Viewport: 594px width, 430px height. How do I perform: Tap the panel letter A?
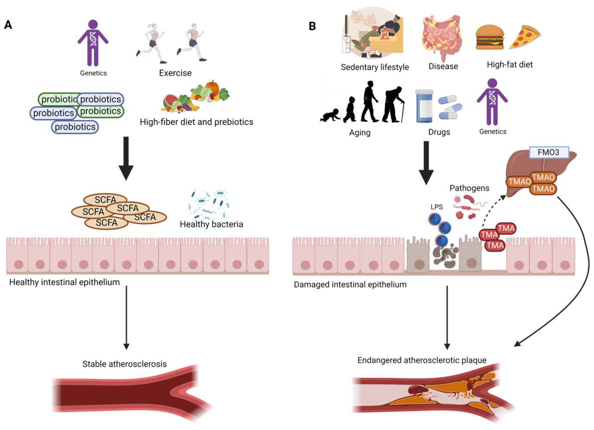[x=8, y=25]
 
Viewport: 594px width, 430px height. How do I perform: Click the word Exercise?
[x=175, y=73]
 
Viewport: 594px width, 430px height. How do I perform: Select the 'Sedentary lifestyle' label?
[x=375, y=67]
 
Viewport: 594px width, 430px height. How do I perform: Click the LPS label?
[x=437, y=207]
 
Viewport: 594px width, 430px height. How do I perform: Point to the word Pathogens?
[x=469, y=188]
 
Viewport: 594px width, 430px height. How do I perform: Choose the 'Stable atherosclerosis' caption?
[x=124, y=364]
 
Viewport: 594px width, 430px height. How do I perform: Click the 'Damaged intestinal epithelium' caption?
[x=350, y=285]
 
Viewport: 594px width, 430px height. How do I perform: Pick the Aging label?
[x=360, y=133]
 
